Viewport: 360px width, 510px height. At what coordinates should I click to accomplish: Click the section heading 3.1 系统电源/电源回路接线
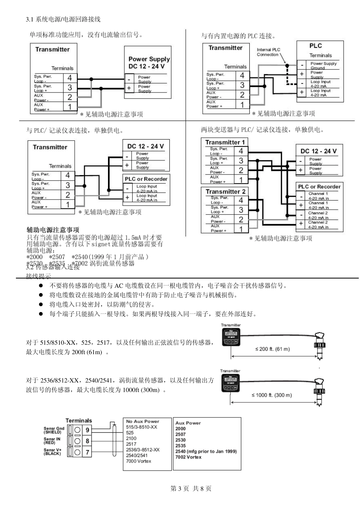pyautogui.click(x=63, y=19)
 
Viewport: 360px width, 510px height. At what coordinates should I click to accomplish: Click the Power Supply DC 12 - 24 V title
pyautogui.click(x=149, y=63)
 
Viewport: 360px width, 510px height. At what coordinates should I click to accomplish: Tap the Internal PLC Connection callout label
pyautogui.click(x=268, y=52)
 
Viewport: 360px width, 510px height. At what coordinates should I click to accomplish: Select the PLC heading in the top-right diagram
pyautogui.click(x=315, y=46)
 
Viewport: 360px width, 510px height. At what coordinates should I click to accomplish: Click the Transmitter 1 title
pyautogui.click(x=225, y=142)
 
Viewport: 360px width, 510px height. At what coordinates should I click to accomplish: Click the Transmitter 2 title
pyautogui.click(x=225, y=191)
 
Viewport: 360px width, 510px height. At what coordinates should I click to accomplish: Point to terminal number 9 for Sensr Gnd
pyautogui.click(x=88, y=430)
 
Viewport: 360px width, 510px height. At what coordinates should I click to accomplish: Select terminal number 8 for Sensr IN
pyautogui.click(x=88, y=441)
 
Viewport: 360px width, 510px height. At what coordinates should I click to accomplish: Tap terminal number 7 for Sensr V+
pyautogui.click(x=88, y=452)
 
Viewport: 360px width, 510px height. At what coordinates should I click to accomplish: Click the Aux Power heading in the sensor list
pyautogui.click(x=188, y=423)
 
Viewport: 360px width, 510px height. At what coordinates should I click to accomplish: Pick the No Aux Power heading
pyautogui.click(x=142, y=421)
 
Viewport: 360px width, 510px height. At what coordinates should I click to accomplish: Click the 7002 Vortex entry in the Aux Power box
pyautogui.click(x=188, y=457)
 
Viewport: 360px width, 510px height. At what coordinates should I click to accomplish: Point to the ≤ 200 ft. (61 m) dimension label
pyautogui.click(x=272, y=349)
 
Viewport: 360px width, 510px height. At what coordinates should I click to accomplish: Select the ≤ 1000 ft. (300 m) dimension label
pyautogui.click(x=272, y=395)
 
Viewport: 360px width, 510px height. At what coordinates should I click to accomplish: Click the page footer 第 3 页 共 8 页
pyautogui.click(x=191, y=488)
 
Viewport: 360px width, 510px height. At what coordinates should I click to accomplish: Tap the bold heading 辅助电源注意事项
pyautogui.click(x=53, y=230)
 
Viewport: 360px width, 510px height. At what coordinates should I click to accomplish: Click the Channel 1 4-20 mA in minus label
pyautogui.click(x=318, y=196)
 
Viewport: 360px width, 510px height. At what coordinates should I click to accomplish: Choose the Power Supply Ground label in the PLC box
pyautogui.click(x=323, y=66)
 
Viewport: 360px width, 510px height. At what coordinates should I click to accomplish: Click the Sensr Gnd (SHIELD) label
pyautogui.click(x=53, y=430)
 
